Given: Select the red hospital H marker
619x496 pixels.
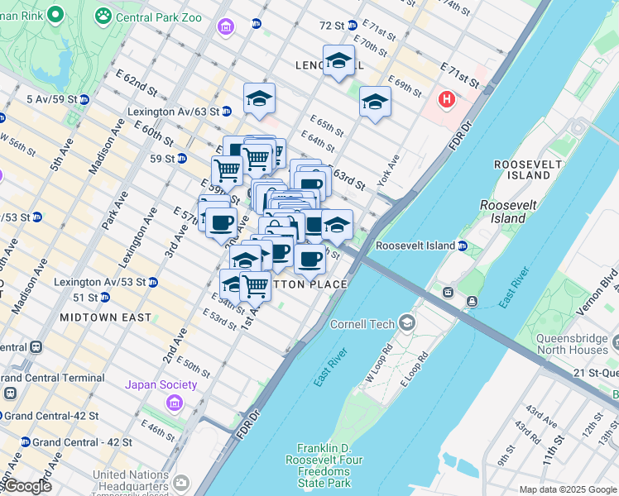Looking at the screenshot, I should coord(447,100).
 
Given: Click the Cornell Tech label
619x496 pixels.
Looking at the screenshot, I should coord(362,324).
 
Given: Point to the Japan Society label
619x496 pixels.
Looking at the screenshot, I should coord(161,384).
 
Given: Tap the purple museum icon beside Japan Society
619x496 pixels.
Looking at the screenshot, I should coord(174,403).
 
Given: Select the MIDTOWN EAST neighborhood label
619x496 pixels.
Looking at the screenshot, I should coord(106,317).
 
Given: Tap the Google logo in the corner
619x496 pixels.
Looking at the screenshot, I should coord(26,486).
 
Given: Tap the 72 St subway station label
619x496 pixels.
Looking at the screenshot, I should coord(331,26).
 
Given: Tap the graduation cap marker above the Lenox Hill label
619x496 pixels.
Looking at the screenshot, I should coord(338,60).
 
